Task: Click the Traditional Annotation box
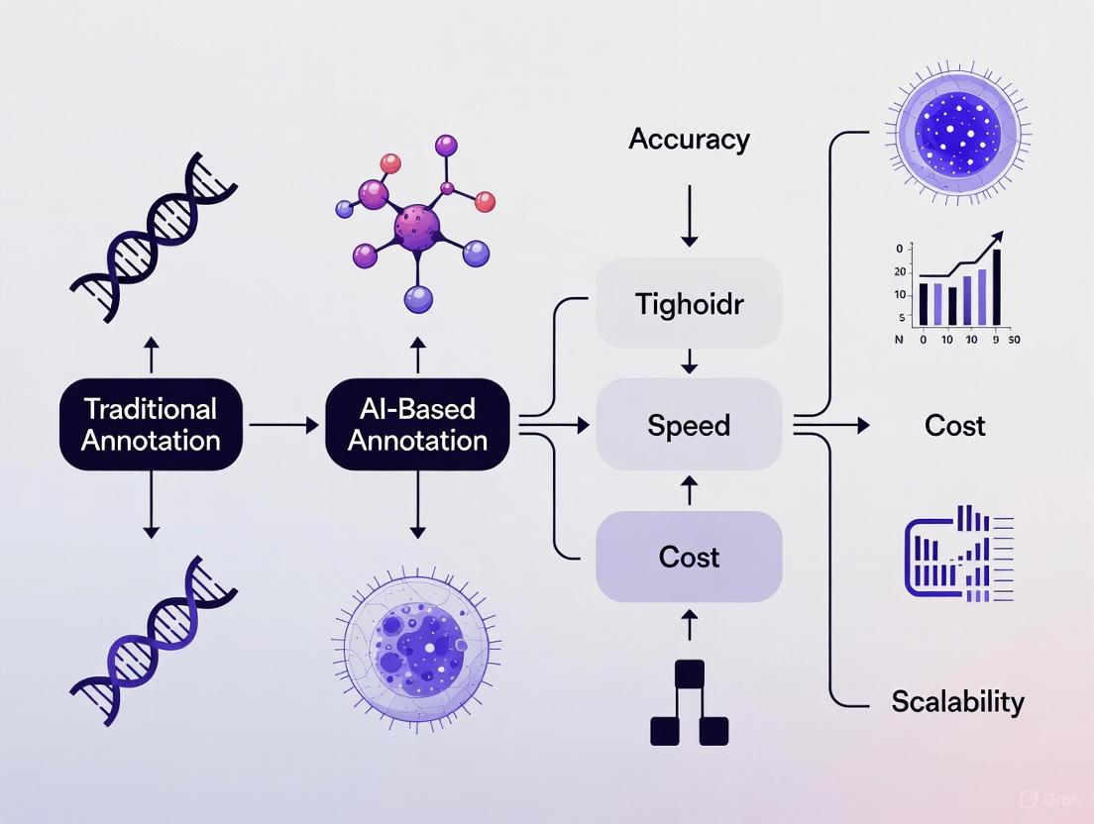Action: [x=151, y=425]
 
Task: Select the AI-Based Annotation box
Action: [x=417, y=425]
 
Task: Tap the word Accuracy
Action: [x=689, y=140]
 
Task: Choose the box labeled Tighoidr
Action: [x=689, y=303]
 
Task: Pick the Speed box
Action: [x=689, y=426]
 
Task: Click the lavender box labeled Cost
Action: [x=689, y=557]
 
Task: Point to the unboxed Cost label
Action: [x=954, y=426]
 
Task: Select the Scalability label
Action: [x=957, y=702]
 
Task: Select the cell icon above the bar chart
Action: [x=952, y=127]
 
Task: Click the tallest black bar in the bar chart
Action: [x=997, y=287]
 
